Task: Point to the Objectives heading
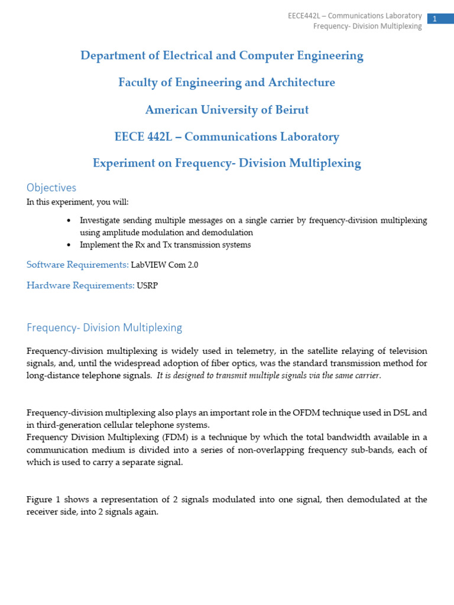51,188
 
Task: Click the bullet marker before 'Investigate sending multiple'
69,220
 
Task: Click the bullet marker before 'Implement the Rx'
69,245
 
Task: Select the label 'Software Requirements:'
77,265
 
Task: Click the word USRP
148,286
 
